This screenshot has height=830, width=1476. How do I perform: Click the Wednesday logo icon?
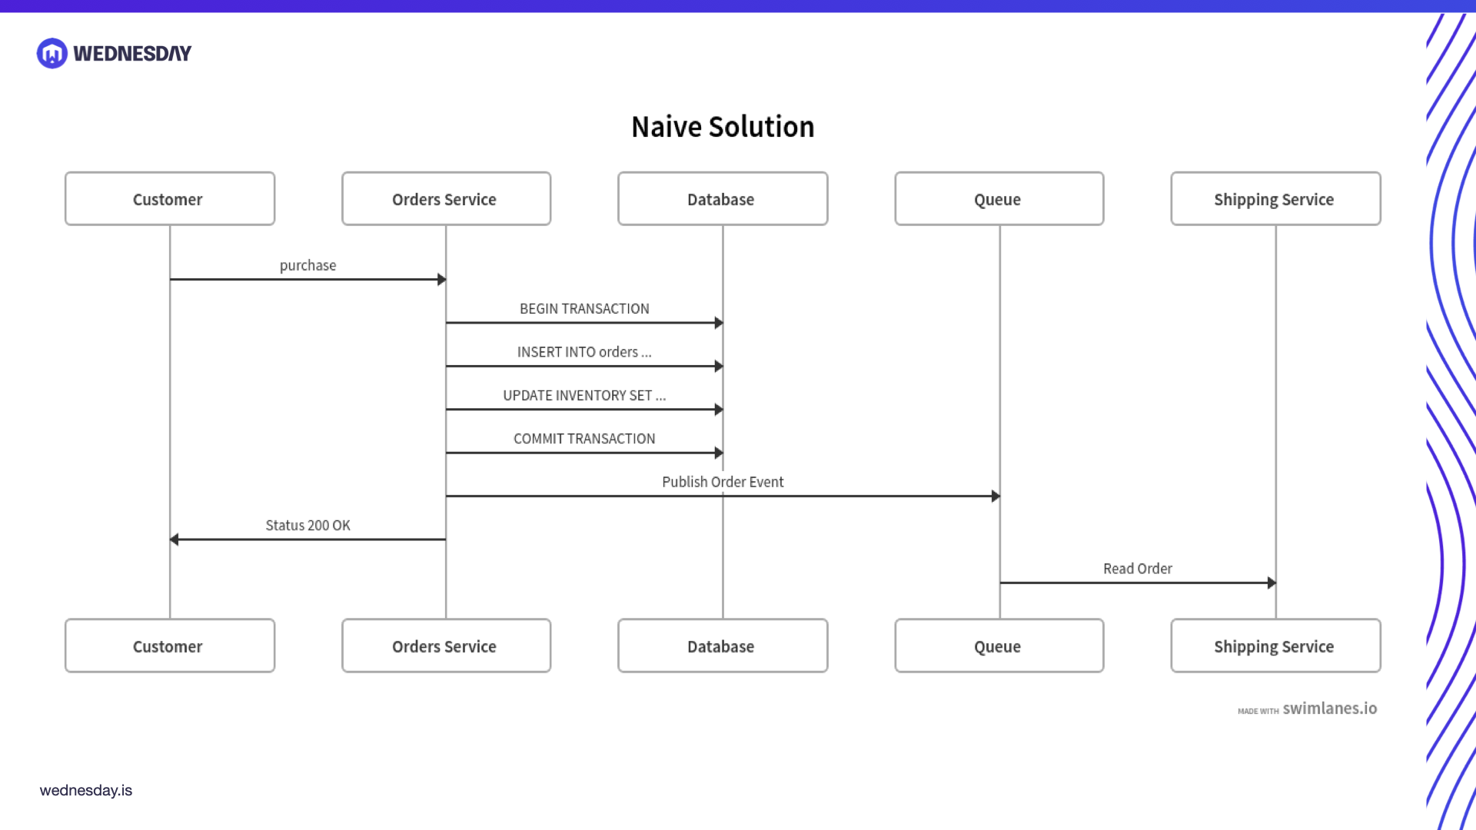coord(52,54)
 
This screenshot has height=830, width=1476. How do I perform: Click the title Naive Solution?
coord(723,127)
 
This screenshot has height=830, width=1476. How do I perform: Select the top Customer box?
coord(170,199)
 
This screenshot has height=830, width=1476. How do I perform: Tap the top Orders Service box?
coord(446,199)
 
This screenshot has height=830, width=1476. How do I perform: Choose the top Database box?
coord(723,199)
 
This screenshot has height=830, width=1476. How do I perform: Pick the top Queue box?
coord(999,199)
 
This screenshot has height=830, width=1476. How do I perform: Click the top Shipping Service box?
coord(1275,199)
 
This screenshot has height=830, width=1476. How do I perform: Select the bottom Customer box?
coord(170,646)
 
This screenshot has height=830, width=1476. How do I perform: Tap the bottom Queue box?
coord(999,646)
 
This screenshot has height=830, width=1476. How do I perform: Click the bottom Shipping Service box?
coord(1275,646)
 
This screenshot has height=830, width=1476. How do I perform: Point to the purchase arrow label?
coord(307,266)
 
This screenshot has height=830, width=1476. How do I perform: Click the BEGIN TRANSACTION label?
coord(584,309)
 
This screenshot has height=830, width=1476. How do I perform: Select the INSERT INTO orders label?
coord(584,352)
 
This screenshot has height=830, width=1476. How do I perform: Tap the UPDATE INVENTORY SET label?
coord(584,396)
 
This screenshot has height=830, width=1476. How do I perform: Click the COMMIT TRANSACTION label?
coord(584,439)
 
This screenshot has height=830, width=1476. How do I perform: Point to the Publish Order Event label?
coord(723,482)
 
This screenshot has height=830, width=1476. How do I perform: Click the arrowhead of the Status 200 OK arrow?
coord(175,539)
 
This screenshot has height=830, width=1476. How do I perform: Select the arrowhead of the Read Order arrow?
coord(1272,583)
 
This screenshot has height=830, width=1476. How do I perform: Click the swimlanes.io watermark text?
coord(1329,709)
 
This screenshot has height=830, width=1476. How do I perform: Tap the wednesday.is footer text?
coord(86,790)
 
